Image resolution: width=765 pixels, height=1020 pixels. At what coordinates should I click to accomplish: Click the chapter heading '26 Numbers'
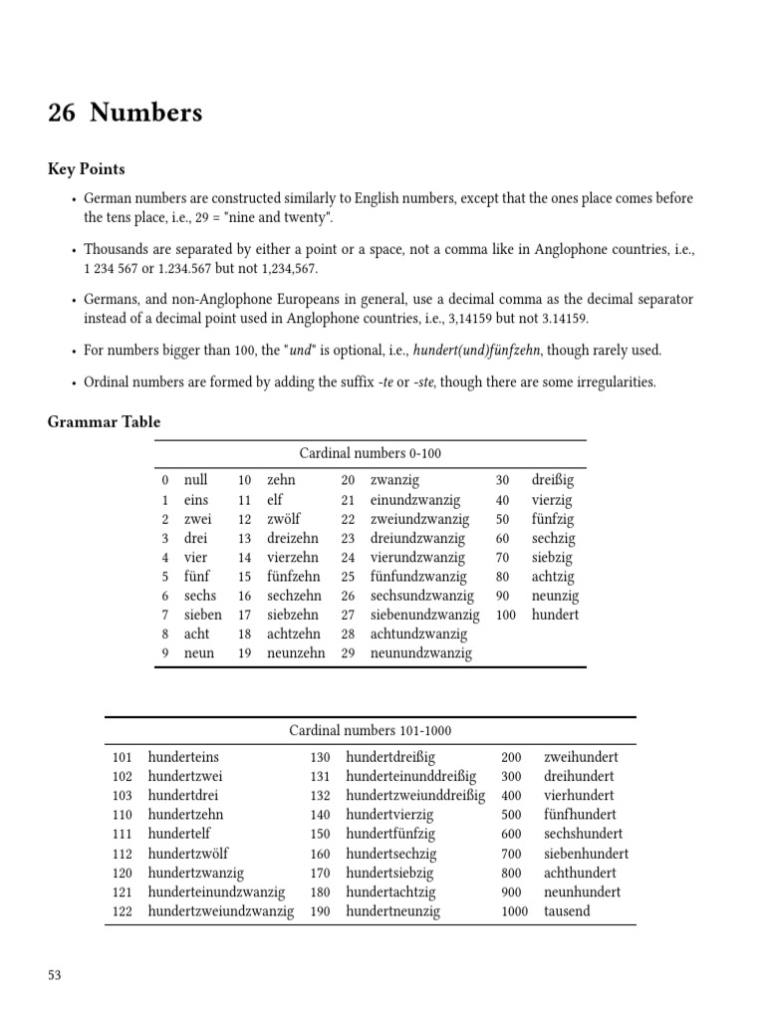pos(125,114)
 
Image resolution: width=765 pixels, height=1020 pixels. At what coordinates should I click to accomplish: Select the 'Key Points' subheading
pos(86,169)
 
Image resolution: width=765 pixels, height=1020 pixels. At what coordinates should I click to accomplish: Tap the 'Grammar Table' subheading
pos(104,421)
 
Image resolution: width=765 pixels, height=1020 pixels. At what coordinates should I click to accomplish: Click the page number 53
pos(55,975)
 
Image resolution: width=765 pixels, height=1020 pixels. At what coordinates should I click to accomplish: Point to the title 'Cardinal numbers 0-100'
pos(370,453)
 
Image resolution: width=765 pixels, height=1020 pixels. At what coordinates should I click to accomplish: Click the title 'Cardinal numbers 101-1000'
pos(370,730)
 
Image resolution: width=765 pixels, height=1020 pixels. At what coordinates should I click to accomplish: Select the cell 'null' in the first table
pos(196,480)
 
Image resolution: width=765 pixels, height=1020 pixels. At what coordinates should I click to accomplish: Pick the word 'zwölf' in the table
pos(284,519)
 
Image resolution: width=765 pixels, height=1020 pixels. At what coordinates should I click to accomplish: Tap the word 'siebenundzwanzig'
pos(424,616)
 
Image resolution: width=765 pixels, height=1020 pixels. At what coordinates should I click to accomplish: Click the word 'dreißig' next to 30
pos(553,480)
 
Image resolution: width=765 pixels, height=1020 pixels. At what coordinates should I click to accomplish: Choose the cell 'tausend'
pos(567,911)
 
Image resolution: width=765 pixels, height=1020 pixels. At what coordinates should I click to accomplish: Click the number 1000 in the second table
pos(514,911)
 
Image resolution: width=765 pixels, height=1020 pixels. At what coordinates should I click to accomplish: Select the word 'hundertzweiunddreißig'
pos(415,796)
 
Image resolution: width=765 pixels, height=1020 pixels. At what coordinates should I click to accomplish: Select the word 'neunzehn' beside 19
pos(296,653)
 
